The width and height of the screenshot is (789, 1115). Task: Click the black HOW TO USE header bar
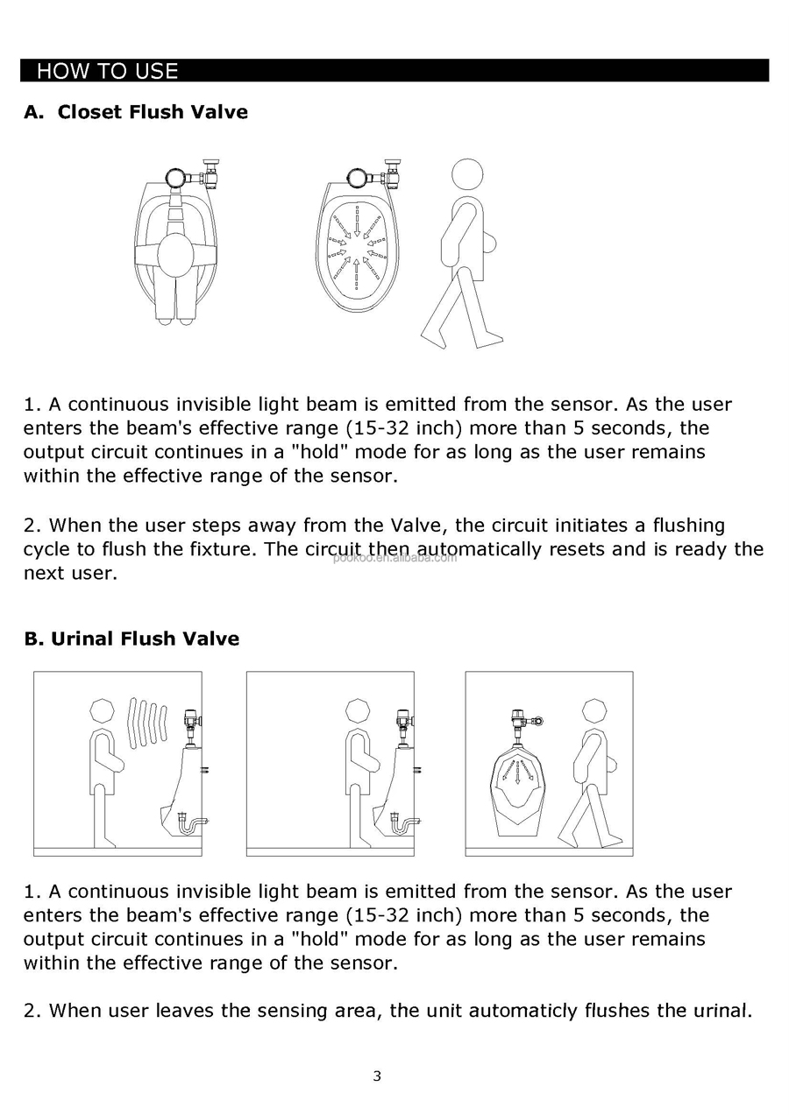tap(394, 70)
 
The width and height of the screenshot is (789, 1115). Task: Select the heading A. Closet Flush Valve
tap(136, 112)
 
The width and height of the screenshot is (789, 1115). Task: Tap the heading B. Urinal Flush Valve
tap(131, 639)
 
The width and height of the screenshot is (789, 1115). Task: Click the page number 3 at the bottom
tap(377, 1076)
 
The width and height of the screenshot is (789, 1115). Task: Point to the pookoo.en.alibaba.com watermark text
tap(394, 558)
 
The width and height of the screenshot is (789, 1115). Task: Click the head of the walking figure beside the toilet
tap(467, 174)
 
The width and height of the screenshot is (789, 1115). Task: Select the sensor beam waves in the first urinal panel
tap(147, 723)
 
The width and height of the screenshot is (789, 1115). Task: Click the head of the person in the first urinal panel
tap(102, 710)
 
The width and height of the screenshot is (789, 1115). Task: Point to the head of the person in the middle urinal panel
tap(358, 710)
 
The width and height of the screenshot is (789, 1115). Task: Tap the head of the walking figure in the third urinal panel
tap(594, 710)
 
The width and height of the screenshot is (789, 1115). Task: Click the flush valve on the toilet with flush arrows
tap(376, 174)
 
